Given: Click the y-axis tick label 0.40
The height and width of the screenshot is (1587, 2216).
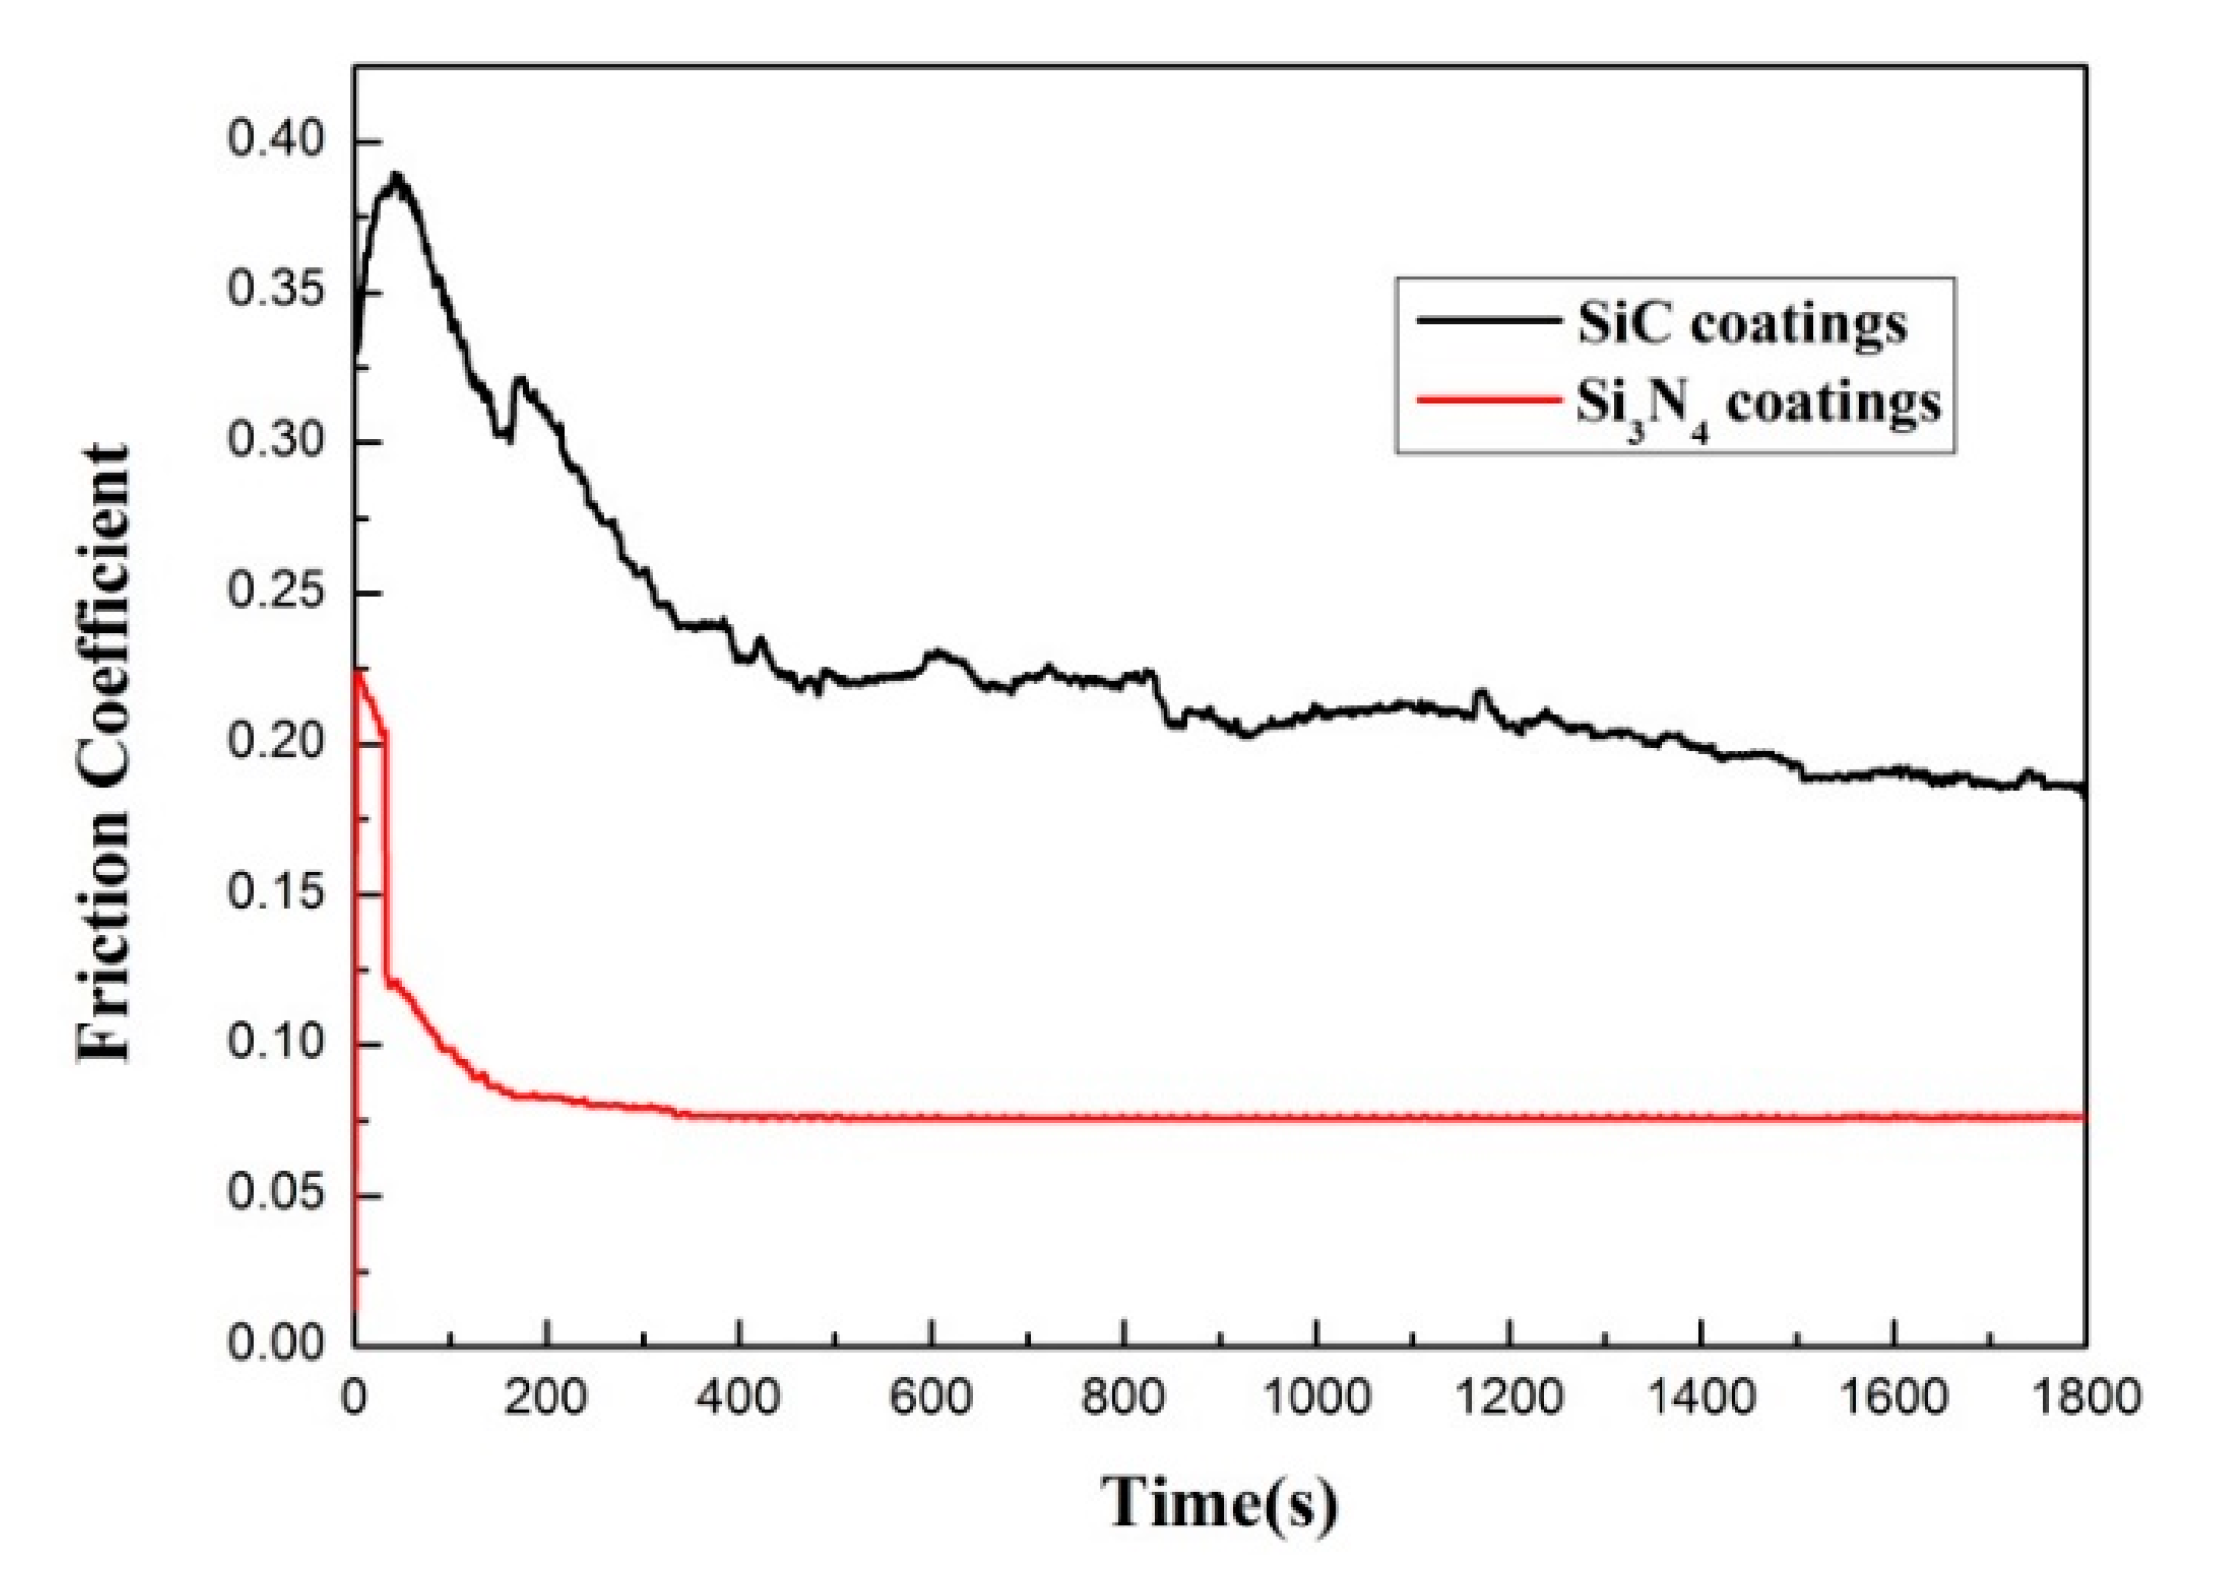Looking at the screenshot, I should tap(262, 141).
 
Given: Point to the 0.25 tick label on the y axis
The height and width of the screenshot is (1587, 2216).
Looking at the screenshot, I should tap(262, 593).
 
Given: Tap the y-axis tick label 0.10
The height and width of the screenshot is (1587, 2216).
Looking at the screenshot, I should tap(262, 1043).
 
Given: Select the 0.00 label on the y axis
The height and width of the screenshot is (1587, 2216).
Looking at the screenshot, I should tap(262, 1344).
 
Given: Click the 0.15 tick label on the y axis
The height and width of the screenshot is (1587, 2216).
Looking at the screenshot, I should tap(262, 893).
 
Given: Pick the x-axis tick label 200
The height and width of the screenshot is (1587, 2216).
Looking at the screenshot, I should tap(547, 1398).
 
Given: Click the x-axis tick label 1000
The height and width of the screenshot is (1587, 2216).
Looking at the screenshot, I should tap(1316, 1398).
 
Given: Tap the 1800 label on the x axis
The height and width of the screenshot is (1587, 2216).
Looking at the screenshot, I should tap(2083, 1398).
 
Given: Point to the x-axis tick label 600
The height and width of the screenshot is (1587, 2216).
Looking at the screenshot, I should tap(930, 1398).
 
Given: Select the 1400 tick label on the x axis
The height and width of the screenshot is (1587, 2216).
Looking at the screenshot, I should tap(1701, 1398).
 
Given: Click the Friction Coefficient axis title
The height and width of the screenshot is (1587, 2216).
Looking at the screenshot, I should tap(104, 754).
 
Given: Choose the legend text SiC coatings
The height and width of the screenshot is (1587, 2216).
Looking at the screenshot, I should tap(1742, 322).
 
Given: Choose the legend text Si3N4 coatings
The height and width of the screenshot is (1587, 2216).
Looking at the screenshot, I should tap(1759, 405).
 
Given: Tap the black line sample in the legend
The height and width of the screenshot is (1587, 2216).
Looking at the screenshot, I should tap(1486, 320).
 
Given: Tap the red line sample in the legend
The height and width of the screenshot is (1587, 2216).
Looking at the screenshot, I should tap(1486, 401).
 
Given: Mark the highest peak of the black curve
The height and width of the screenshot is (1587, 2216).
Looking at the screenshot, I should tap(397, 177).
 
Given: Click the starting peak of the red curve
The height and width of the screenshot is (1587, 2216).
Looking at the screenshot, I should tap(359, 672).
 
